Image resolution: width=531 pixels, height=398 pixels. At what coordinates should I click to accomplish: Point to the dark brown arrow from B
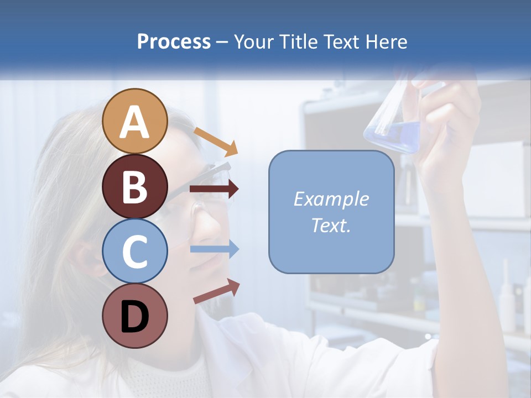click(x=214, y=189)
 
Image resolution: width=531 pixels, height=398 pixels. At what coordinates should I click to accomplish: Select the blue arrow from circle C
click(x=214, y=249)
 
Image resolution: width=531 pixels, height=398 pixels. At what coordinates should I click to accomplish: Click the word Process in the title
click(x=174, y=42)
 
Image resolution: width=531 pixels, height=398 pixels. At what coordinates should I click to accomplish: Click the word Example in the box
click(x=331, y=199)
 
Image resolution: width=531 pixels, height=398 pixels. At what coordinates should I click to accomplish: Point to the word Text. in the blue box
click(x=331, y=225)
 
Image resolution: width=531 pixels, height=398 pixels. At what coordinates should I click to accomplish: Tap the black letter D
click(x=134, y=317)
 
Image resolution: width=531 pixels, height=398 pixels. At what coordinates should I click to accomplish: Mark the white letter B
click(x=134, y=187)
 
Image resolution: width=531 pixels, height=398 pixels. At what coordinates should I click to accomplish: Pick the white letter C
click(x=134, y=252)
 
